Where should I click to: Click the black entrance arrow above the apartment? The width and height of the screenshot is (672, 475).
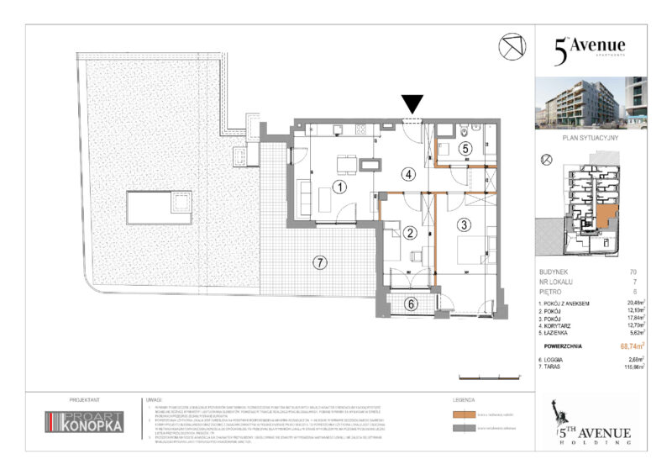tap(412, 104)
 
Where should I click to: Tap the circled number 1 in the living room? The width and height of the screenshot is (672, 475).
tap(339, 187)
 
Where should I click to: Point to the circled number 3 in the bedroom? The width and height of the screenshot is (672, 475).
tap(465, 225)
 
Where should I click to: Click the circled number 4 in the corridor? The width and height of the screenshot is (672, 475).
tap(409, 175)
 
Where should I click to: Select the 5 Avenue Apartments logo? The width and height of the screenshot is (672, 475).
tap(589, 48)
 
